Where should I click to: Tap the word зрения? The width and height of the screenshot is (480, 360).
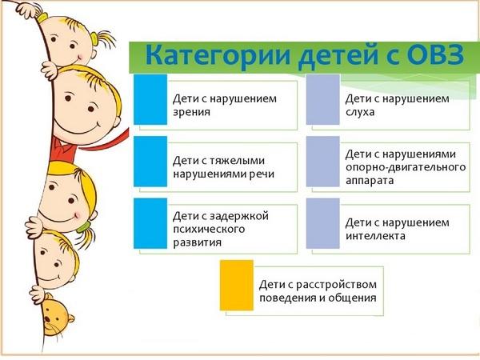pyautogui.click(x=192, y=112)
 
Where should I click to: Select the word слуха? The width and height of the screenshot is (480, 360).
pyautogui.click(x=360, y=112)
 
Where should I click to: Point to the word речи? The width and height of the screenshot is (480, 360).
pyautogui.click(x=261, y=174)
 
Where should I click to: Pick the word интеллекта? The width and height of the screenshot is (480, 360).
pyautogui.click(x=375, y=236)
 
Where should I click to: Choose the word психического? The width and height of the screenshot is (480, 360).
pyautogui.click(x=209, y=230)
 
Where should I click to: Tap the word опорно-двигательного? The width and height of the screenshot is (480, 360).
pyautogui.click(x=406, y=167)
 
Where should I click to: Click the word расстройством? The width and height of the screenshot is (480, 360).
pyautogui.click(x=337, y=285)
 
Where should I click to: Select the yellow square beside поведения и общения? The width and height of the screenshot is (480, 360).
pyautogui.click(x=237, y=286)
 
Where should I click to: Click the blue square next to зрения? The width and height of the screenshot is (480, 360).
pyautogui.click(x=150, y=99)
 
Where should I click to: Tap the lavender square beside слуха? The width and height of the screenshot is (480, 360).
pyautogui.click(x=323, y=99)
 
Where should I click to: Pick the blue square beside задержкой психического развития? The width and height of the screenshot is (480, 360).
pyautogui.click(x=150, y=223)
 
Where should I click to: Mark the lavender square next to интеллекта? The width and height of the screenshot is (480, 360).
pyautogui.click(x=323, y=223)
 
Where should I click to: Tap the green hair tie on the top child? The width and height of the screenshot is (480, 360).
pyautogui.click(x=94, y=38)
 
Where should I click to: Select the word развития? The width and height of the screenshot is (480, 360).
pyautogui.click(x=197, y=242)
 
